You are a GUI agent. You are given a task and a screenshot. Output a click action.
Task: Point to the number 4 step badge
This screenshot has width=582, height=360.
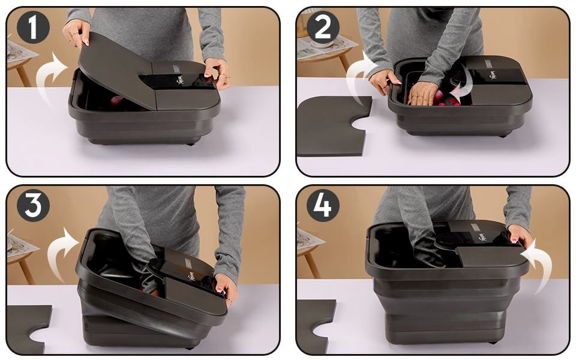click(323, 206)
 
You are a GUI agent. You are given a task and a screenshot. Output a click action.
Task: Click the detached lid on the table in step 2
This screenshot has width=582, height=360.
click(327, 126)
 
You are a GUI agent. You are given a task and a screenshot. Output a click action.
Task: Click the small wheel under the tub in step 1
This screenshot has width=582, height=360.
click(191, 143)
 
